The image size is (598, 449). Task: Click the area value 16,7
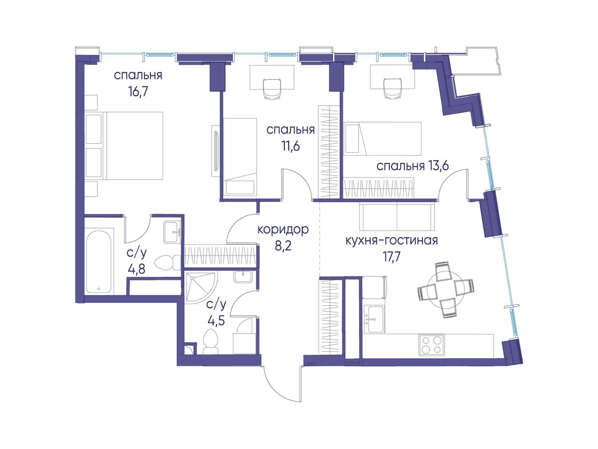[x=139, y=92]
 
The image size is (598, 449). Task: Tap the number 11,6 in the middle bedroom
[x=291, y=146]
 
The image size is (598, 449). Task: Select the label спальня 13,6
[x=413, y=166]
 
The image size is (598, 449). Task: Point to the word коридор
[x=283, y=230]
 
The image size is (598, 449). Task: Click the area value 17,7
[x=392, y=257]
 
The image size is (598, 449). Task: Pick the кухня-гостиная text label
[x=392, y=241]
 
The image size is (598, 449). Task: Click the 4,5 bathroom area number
[x=216, y=320]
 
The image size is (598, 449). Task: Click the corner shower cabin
[x=200, y=287]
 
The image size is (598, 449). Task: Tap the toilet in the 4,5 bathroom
[x=211, y=341]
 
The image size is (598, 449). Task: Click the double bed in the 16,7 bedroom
[x=124, y=146]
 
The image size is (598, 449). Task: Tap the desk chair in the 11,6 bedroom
[x=273, y=89]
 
